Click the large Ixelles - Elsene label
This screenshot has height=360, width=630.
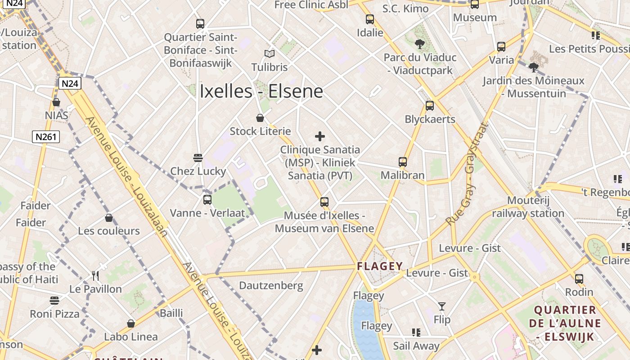coord(261,91)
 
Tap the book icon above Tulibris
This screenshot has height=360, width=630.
coord(270,54)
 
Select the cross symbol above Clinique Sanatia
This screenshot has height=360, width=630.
coord(320,136)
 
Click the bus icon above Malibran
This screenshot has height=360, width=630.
coord(403,162)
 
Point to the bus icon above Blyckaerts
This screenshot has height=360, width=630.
coord(430,106)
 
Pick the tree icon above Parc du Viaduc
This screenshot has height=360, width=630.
coord(420,44)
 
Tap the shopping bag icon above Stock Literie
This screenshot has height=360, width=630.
coord(260,118)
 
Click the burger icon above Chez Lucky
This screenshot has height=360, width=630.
coord(198,157)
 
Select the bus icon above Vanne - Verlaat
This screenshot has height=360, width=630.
coord(207,199)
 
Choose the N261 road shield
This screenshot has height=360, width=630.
coord(46,136)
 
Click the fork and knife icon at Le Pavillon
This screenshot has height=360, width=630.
coord(95,275)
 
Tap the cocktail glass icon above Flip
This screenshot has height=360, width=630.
coord(442,306)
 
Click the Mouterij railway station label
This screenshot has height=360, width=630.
coord(528,207)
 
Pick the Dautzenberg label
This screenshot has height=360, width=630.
coord(271,286)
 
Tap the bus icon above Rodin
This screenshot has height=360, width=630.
coord(579,279)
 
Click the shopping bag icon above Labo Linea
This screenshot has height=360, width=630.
coord(131,324)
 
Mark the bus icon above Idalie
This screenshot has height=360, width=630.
coord(370,19)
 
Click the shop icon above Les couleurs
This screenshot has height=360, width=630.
coord(109,218)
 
